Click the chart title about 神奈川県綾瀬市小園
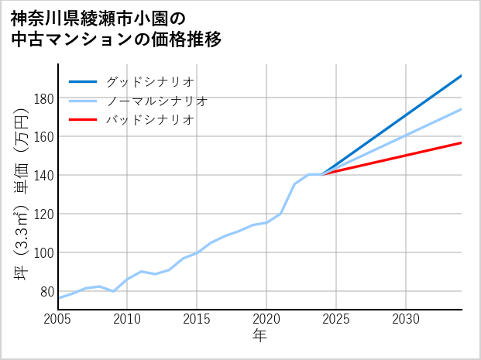pyautogui.click(x=116, y=29)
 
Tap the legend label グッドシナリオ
pyautogui.click(x=149, y=81)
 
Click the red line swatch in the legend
pyautogui.click(x=83, y=120)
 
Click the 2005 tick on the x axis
pyautogui.click(x=58, y=319)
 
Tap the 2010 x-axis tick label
pyautogui.click(x=128, y=319)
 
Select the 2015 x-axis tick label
pyautogui.click(x=198, y=319)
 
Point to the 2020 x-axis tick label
pyautogui.click(x=266, y=319)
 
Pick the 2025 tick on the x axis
pyautogui.click(x=336, y=319)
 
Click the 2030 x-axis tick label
pyautogui.click(x=406, y=319)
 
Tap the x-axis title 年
pyautogui.click(x=259, y=336)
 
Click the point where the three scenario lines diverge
pyautogui.click(x=322, y=174)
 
